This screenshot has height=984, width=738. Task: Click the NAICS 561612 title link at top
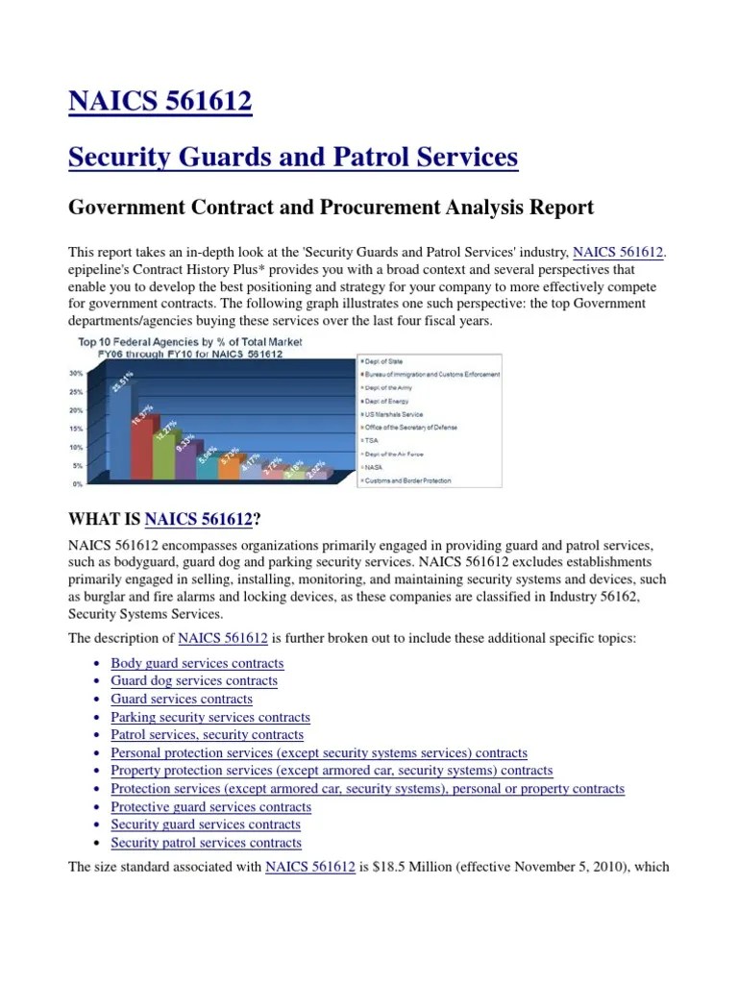(160, 101)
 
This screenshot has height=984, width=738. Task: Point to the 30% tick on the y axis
(75, 374)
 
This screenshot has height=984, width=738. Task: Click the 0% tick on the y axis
(77, 483)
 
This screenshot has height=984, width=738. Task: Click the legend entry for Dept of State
(384, 361)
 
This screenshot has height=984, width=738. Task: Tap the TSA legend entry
(373, 440)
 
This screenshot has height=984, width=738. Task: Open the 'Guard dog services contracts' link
(194, 680)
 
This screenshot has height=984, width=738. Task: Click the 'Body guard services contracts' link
(197, 663)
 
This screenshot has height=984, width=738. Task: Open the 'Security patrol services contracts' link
(206, 843)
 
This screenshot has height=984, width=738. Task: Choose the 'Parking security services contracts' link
(210, 717)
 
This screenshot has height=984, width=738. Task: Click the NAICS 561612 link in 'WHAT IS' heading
(198, 520)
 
